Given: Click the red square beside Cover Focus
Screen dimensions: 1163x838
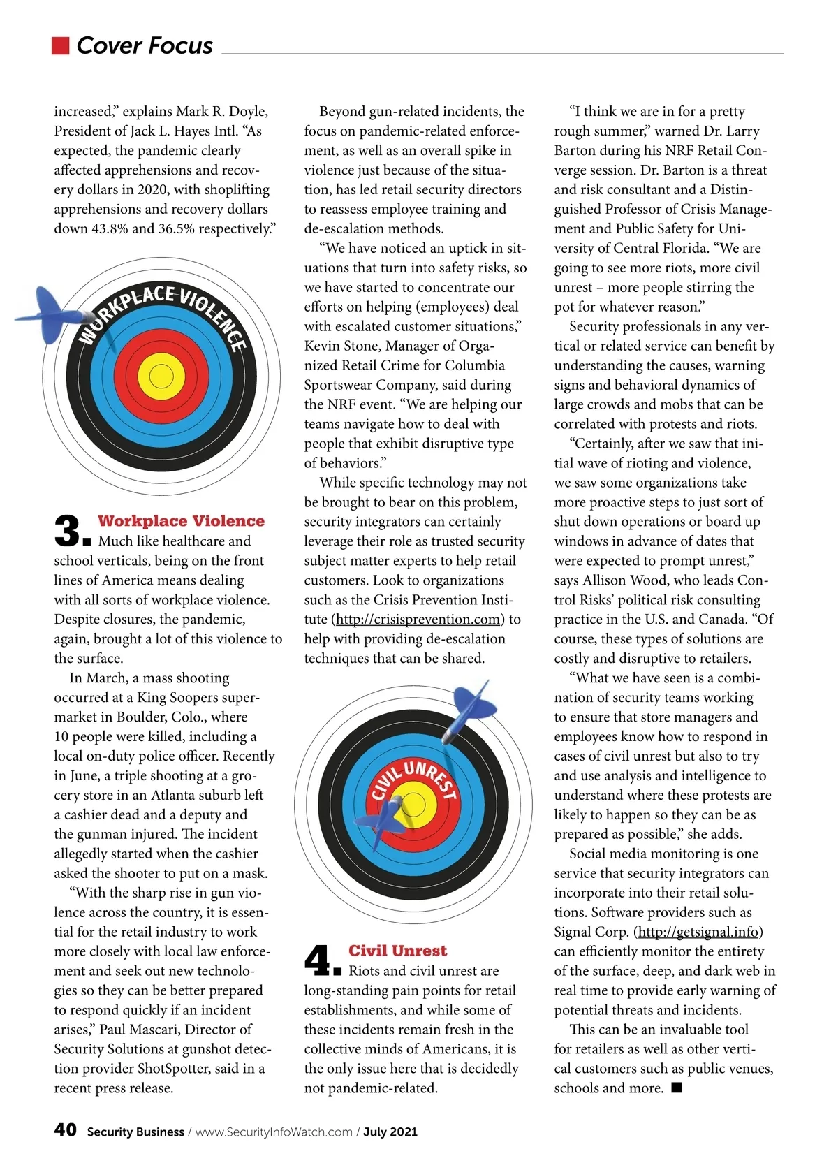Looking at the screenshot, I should (x=61, y=45).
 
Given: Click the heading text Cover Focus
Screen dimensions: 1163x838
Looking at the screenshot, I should (x=145, y=45).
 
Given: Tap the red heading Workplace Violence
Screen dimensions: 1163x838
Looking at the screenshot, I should (x=181, y=521).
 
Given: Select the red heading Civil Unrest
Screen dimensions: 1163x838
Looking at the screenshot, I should (x=397, y=951).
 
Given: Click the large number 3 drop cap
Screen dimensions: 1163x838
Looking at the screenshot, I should (x=68, y=532).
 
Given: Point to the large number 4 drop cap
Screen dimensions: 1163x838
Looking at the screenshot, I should (x=319, y=960).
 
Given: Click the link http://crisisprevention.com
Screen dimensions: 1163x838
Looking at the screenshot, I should (x=418, y=620).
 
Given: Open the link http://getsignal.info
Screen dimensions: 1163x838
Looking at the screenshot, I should (x=700, y=932).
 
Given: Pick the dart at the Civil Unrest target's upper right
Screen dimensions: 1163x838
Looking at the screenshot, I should (x=469, y=707).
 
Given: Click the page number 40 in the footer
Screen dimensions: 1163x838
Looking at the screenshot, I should (x=66, y=1130).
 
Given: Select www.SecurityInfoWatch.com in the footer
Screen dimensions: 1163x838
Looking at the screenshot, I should (x=274, y=1132).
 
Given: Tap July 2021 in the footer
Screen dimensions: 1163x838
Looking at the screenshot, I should (x=390, y=1132).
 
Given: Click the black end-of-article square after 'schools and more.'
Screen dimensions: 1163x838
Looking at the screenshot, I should (x=676, y=1088).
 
